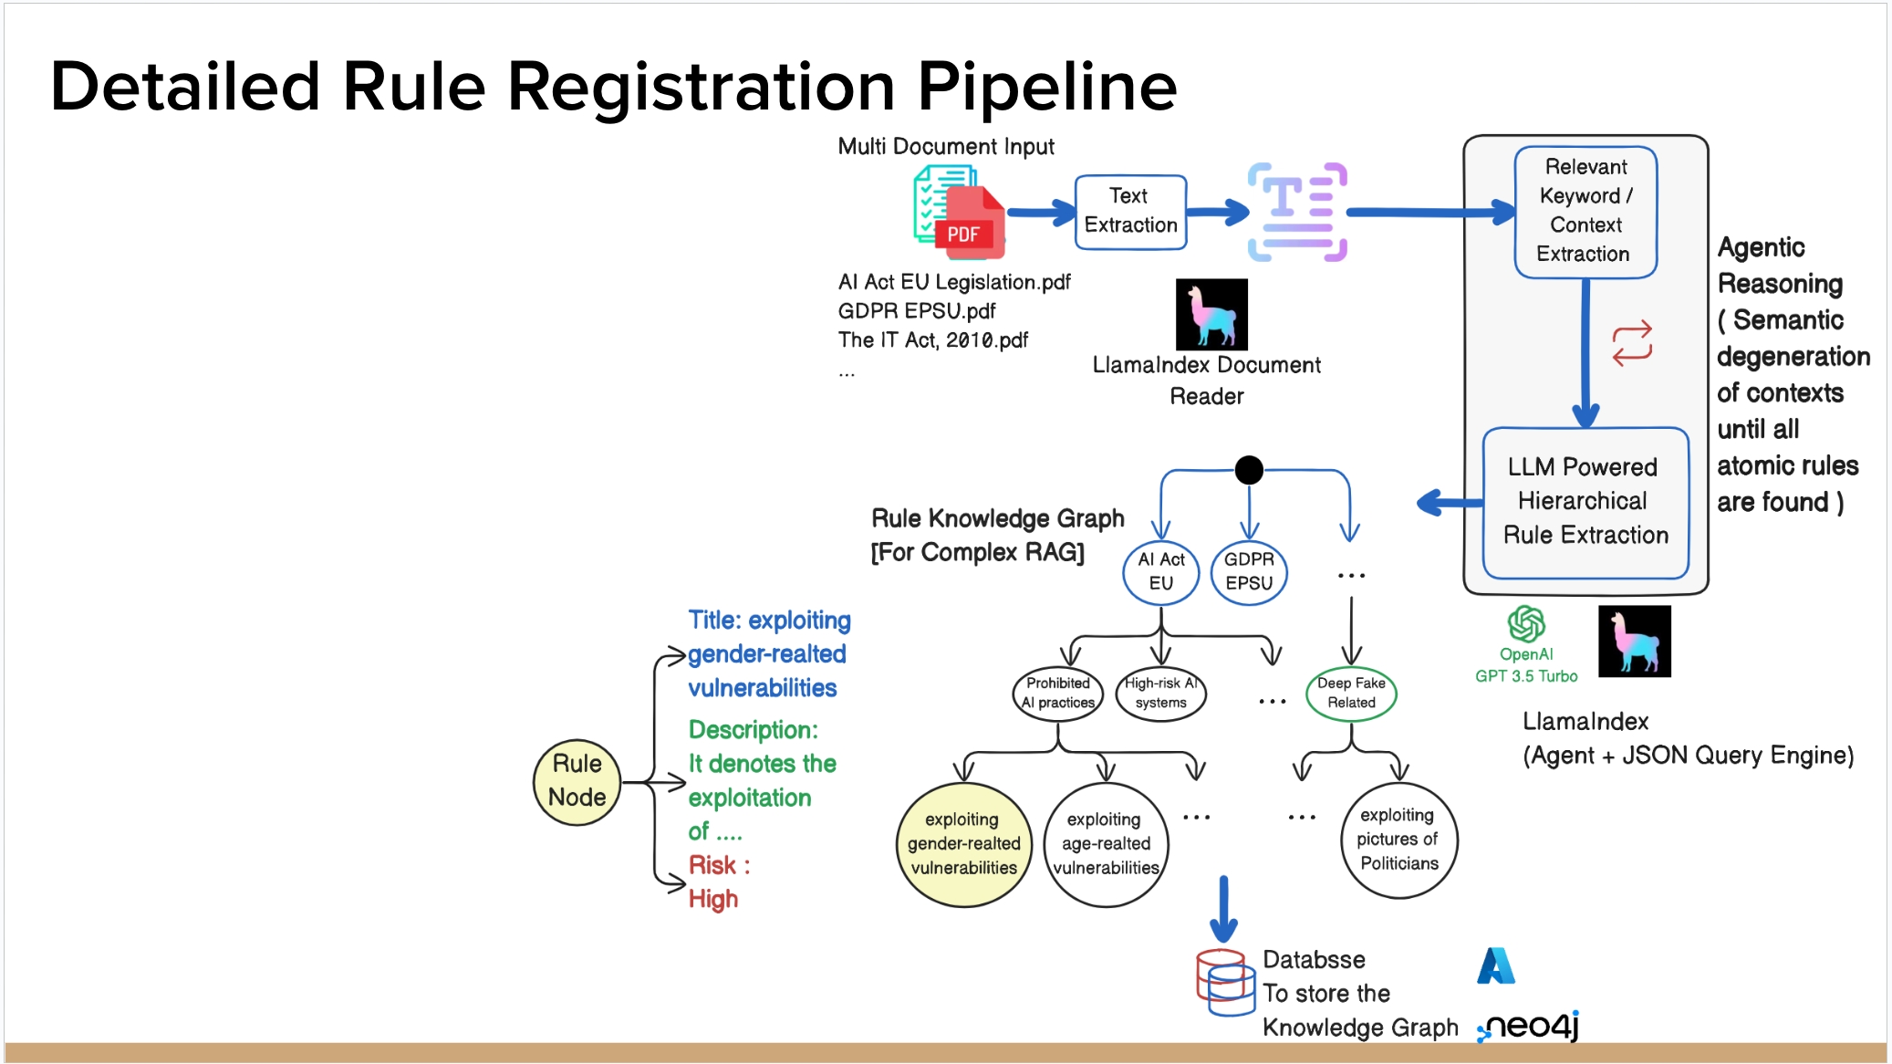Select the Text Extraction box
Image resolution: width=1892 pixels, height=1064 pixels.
click(1130, 212)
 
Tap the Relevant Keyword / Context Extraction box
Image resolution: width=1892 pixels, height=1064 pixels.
click(1585, 212)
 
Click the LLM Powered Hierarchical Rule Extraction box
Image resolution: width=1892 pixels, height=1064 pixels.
click(1585, 502)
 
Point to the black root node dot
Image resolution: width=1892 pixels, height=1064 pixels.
click(1249, 470)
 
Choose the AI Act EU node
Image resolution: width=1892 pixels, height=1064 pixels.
click(1160, 572)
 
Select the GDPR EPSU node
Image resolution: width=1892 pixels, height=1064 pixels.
click(1249, 572)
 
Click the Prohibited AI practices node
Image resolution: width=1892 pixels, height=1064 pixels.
click(1058, 694)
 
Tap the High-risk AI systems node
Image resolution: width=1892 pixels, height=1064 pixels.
click(1160, 694)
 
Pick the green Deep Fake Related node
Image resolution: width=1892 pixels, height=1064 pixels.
click(1351, 694)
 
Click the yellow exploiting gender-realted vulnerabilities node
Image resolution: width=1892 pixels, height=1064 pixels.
click(964, 844)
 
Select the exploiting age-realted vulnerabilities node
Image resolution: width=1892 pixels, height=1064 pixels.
click(1106, 844)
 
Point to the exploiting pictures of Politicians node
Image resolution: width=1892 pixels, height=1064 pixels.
click(1399, 840)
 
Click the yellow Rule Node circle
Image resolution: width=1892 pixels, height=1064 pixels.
click(577, 782)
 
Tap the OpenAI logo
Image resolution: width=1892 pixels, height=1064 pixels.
click(1526, 624)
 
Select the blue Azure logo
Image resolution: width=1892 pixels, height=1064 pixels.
click(1496, 965)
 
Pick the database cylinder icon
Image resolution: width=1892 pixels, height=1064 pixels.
click(1225, 982)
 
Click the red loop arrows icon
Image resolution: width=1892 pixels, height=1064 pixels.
click(1632, 343)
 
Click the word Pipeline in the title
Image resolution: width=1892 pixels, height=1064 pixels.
click(1047, 88)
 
